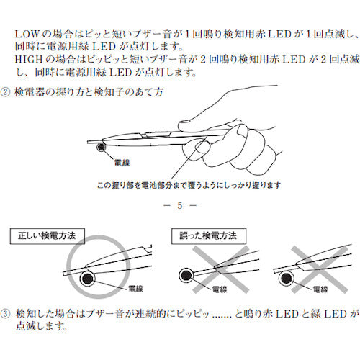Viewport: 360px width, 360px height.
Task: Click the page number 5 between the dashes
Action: [x=180, y=207]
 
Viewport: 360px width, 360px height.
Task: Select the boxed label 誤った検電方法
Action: [x=209, y=235]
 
